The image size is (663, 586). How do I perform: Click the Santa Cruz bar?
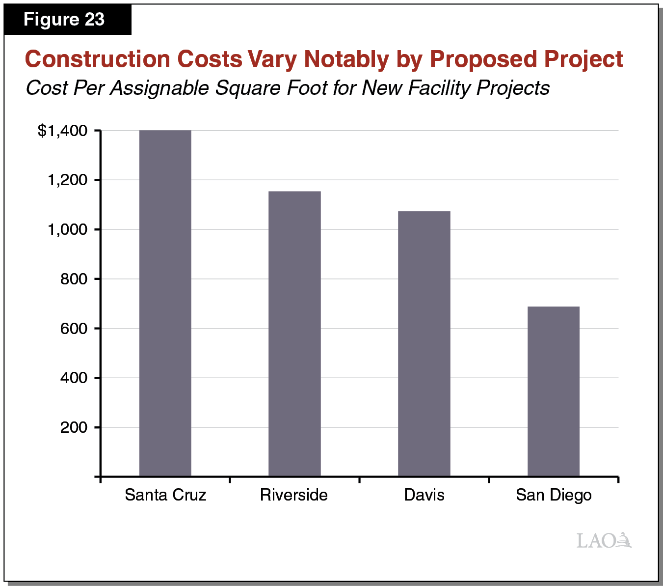(165, 303)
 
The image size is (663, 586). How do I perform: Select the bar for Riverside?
(294, 334)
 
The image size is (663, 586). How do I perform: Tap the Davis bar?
(424, 343)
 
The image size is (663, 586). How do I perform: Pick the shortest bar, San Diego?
(554, 391)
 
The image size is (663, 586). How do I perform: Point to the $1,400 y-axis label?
(63, 131)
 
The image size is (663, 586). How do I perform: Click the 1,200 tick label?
(67, 180)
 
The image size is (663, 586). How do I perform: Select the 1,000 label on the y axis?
(67, 229)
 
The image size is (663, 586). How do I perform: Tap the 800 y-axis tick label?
(74, 279)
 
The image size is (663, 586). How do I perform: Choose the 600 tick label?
(74, 329)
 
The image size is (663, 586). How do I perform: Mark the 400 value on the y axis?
(74, 378)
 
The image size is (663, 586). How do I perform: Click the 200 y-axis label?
(74, 427)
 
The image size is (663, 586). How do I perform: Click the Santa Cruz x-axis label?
(165, 495)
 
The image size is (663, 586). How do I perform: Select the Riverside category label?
(294, 495)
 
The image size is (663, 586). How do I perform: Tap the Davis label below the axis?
(424, 495)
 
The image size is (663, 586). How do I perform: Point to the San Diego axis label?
(554, 495)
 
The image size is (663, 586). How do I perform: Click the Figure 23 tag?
(64, 20)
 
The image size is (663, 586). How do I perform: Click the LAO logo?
(604, 540)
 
